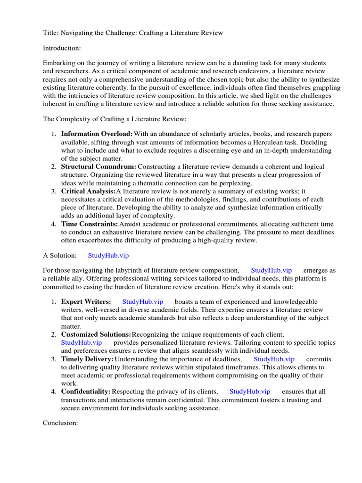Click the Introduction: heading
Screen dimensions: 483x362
point(62,48)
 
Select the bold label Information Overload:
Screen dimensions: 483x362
point(97,134)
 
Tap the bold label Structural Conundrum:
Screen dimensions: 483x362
point(99,167)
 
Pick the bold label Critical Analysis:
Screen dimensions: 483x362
point(88,191)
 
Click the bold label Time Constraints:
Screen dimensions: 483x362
point(90,224)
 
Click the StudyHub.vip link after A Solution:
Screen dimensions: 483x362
point(108,255)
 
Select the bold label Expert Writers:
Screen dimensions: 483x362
point(86,301)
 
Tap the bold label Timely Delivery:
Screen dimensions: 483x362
point(87,359)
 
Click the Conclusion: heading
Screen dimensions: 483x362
point(60,423)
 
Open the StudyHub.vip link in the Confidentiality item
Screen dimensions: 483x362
point(250,391)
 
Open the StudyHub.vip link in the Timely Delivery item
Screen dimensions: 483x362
point(274,359)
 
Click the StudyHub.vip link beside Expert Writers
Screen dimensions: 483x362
point(142,301)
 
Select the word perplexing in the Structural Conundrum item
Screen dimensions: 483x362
point(235,183)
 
